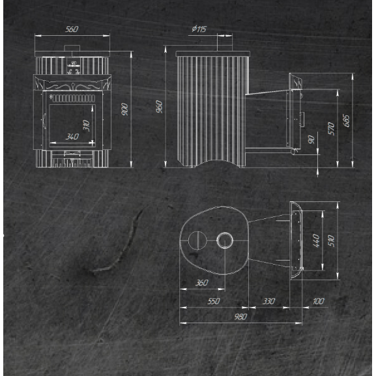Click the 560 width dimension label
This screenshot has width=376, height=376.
click(72, 29)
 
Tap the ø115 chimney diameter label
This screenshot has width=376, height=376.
click(199, 29)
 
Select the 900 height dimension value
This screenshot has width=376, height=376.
click(124, 109)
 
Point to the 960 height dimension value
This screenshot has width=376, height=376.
click(160, 107)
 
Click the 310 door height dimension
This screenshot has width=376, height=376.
click(86, 125)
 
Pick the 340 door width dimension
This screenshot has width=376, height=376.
click(72, 137)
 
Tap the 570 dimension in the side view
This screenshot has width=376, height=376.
click(331, 128)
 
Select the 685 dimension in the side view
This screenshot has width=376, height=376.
click(347, 121)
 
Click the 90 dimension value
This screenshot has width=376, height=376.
click(311, 139)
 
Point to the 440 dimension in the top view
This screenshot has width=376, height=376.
click(317, 240)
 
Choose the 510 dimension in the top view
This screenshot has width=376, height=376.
click(332, 241)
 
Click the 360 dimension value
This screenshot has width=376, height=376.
click(201, 283)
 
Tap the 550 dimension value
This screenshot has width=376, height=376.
click(214, 301)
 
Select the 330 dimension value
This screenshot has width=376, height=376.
click(268, 301)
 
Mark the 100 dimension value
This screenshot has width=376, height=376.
click(319, 301)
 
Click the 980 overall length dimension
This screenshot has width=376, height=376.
click(240, 317)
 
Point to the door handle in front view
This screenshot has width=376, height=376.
click(44, 121)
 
